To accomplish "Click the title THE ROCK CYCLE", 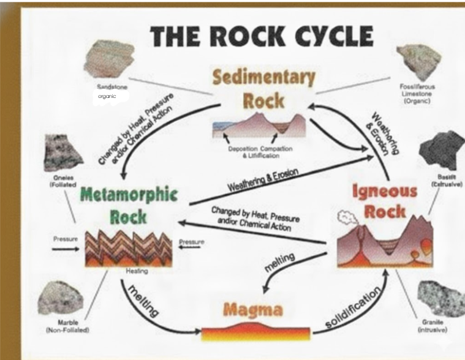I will click(262, 36).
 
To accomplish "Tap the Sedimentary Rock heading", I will click(264, 88).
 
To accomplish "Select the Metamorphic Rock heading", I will click(129, 204).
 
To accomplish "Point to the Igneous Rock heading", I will click(385, 200).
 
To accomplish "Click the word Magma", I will click(254, 309).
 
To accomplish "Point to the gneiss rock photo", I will click(63, 152).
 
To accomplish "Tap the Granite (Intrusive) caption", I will click(433, 326).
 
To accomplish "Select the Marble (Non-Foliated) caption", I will click(67, 326).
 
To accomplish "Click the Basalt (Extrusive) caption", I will click(445, 180).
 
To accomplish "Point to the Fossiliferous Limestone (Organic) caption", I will click(418, 94).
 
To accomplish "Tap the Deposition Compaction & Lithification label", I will click(260, 152).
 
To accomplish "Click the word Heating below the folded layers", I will click(137, 271).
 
